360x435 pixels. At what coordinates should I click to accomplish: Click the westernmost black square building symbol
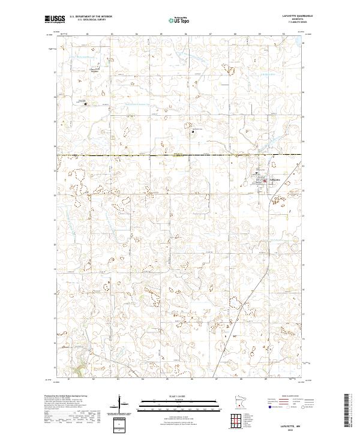85,104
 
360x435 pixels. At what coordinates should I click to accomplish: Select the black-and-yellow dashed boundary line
180,156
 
